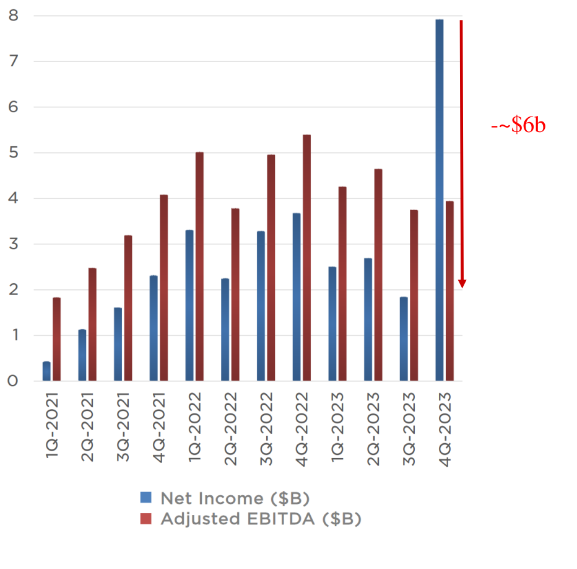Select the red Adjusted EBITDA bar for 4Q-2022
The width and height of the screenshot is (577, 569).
pyautogui.click(x=306, y=257)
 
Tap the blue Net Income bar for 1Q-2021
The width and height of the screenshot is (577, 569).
pyautogui.click(x=46, y=371)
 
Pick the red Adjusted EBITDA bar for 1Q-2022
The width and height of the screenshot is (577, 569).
pyautogui.click(x=199, y=267)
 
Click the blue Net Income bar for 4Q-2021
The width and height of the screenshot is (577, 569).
pyautogui.click(x=154, y=329)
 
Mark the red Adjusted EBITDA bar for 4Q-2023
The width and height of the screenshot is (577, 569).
pyautogui.click(x=449, y=291)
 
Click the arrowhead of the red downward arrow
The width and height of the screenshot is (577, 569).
pyautogui.click(x=462, y=284)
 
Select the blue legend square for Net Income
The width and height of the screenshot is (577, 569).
pyautogui.click(x=146, y=497)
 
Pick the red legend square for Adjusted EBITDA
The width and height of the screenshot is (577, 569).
pyautogui.click(x=146, y=519)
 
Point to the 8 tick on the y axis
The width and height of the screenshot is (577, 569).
pyautogui.click(x=13, y=16)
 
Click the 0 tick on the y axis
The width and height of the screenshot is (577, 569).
pyautogui.click(x=13, y=381)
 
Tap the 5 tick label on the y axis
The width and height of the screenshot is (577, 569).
pyautogui.click(x=13, y=153)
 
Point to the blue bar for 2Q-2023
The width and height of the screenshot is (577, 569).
pyautogui.click(x=368, y=320)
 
